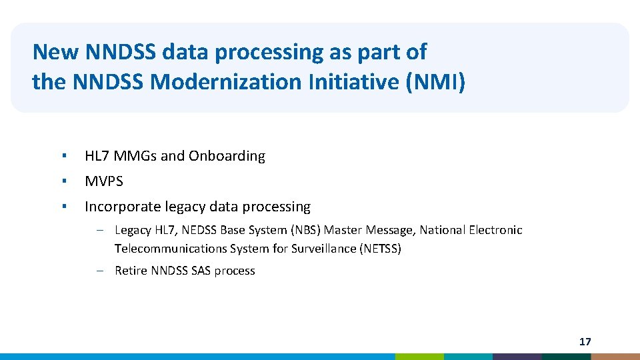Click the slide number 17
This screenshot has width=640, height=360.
tap(585, 342)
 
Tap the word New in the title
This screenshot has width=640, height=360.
tap(50, 51)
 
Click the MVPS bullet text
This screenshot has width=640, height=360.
tap(104, 181)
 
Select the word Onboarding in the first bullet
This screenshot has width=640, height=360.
tap(227, 156)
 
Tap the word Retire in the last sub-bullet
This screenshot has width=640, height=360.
tap(131, 271)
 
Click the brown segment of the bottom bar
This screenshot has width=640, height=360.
tap(615, 357)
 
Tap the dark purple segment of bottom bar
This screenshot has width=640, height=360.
tap(517, 357)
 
